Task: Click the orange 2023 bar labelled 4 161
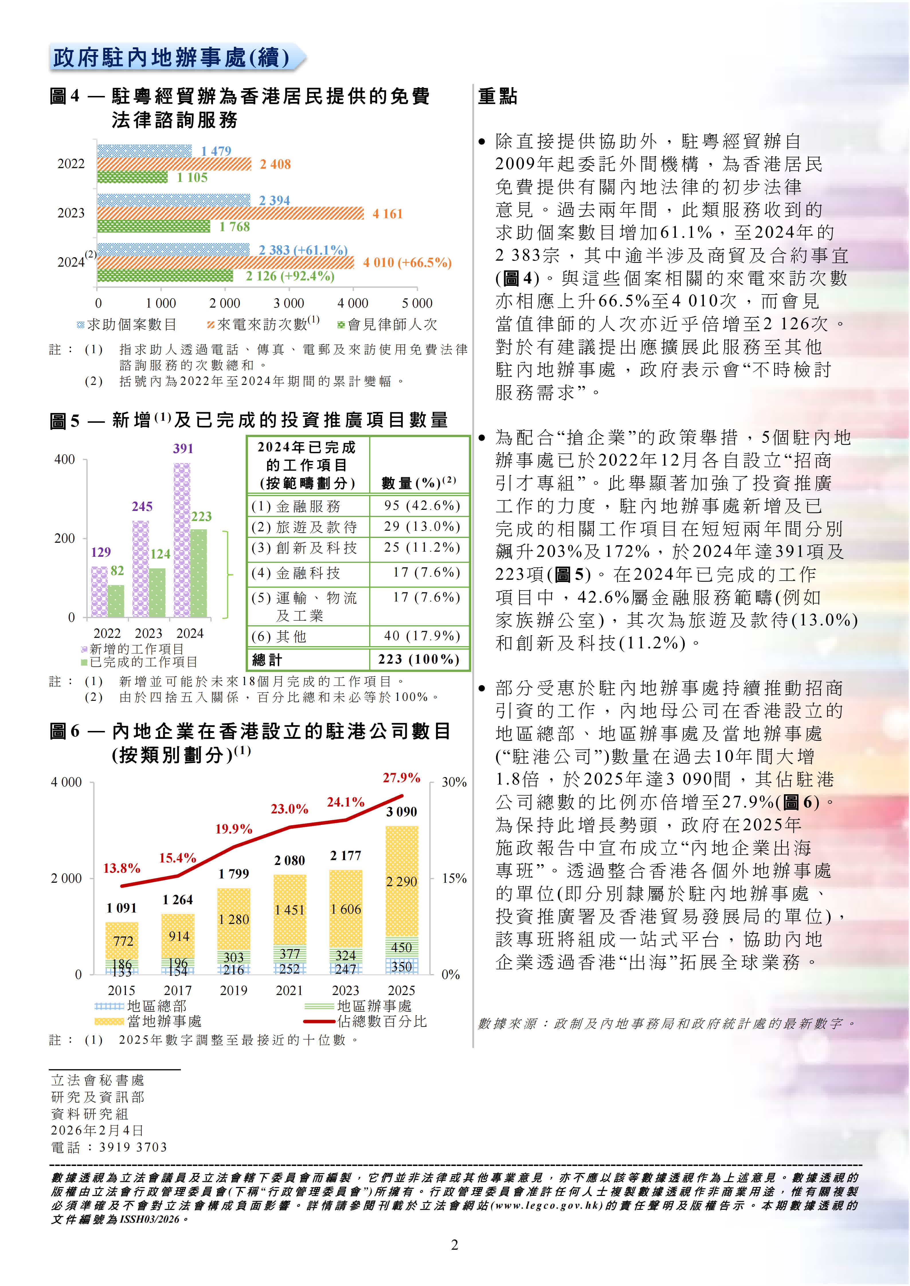point(230,213)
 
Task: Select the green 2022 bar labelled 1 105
point(132,178)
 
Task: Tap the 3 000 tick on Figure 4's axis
point(289,304)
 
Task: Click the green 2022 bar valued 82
point(116,601)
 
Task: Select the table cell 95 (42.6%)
point(421,506)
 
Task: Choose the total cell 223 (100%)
point(418,659)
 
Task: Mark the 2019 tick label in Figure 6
point(234,991)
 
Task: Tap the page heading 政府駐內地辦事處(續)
point(171,58)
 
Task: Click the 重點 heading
point(498,96)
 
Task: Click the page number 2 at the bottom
point(455,1245)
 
